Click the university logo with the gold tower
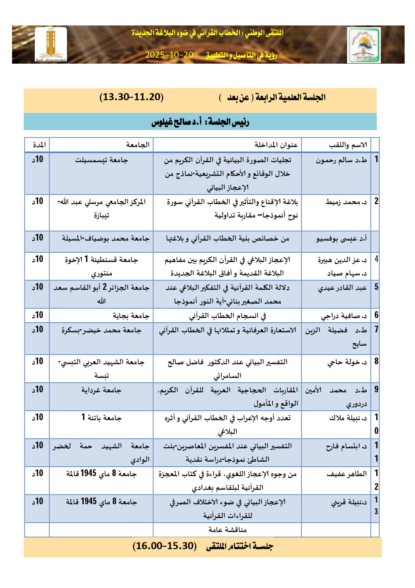51,45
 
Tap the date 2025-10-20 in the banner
169,55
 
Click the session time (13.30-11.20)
132,97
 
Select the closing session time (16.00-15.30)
164,546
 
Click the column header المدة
39,145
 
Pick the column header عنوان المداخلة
276,145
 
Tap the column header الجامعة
138,145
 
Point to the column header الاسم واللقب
348,145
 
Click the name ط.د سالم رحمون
341,160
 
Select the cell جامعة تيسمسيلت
101,160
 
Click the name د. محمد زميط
346,202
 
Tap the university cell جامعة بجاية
131,316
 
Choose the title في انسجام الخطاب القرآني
228,316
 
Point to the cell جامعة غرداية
101,390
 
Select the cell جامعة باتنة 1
101,418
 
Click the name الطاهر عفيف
347,474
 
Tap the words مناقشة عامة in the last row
228,530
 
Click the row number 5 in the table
376,287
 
